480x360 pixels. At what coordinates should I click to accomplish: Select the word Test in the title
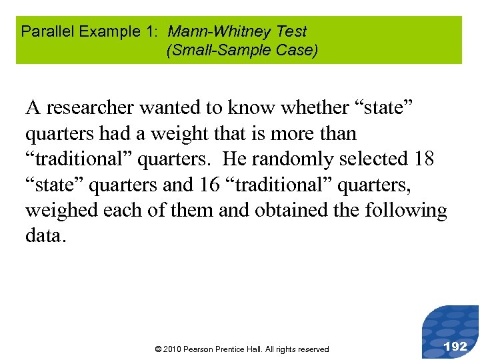293,31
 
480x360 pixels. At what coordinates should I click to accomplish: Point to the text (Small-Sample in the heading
211,50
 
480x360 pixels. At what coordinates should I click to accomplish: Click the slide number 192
455,346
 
